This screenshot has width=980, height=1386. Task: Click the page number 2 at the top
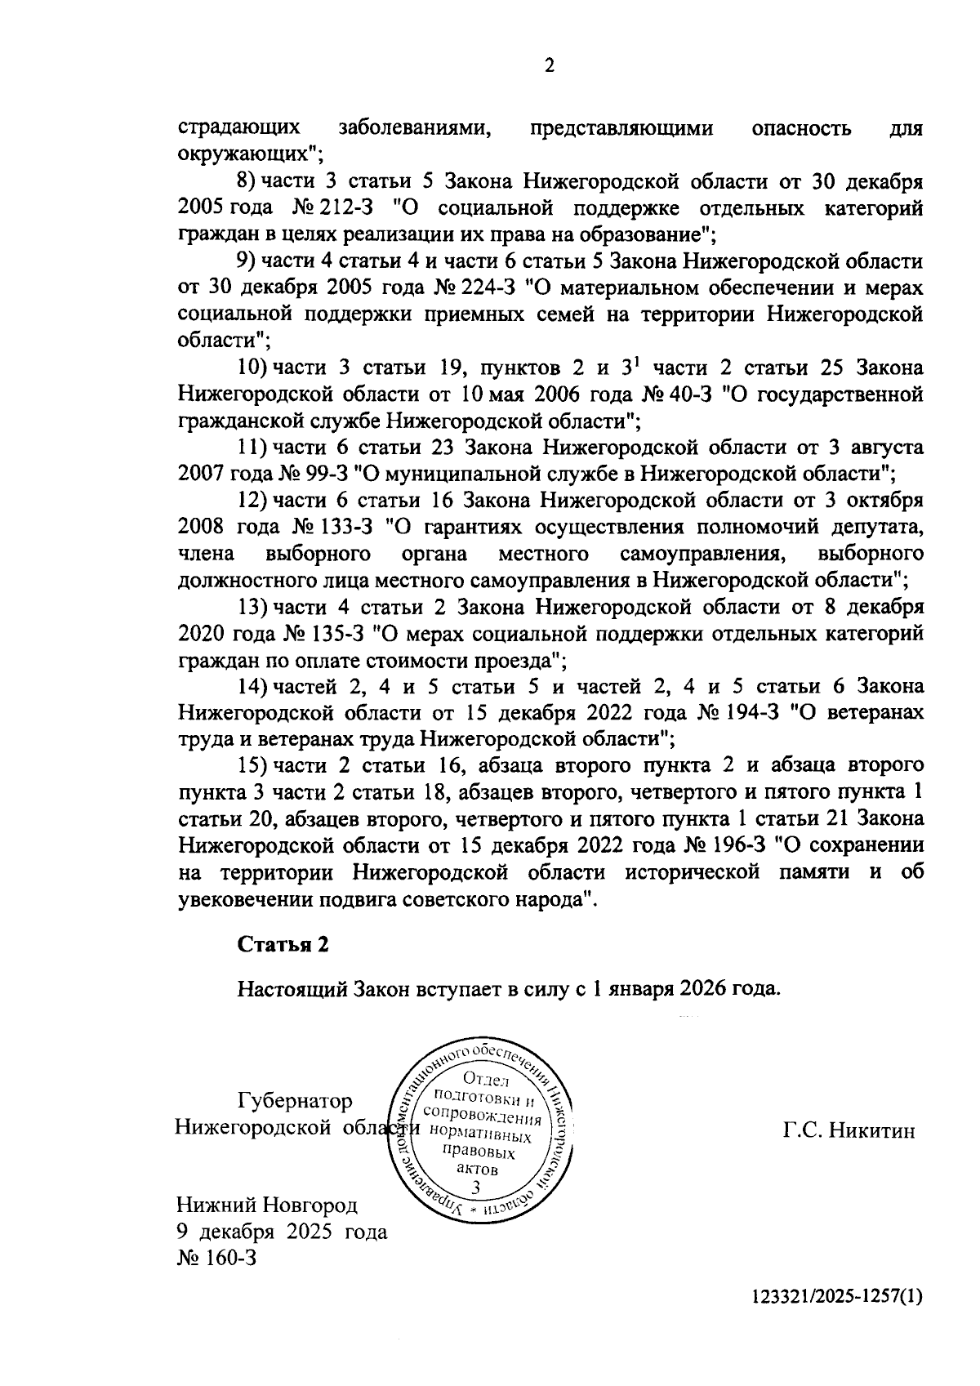[549, 66]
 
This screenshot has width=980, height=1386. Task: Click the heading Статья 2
[283, 944]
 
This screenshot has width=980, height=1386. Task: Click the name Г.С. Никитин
[849, 1130]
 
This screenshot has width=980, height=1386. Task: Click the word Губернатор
[295, 1101]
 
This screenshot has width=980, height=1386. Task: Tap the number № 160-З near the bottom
[217, 1258]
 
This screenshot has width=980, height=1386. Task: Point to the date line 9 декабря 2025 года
[282, 1232]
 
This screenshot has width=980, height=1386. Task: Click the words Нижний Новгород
[267, 1206]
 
